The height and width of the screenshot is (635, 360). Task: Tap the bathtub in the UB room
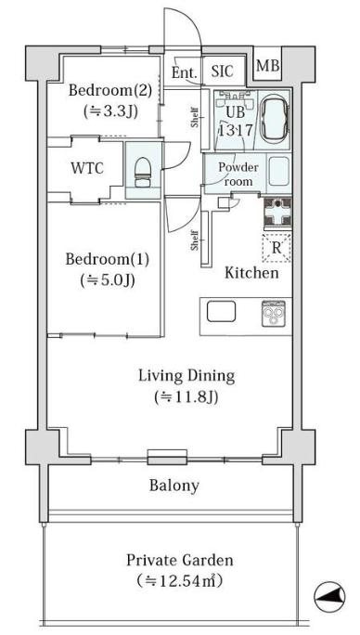(274, 119)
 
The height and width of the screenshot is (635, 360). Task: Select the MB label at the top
(267, 66)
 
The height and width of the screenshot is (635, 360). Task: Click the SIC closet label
(223, 71)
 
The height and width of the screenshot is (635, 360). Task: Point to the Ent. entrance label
(185, 73)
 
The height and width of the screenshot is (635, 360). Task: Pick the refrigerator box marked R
(276, 248)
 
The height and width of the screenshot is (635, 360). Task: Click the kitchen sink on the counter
(221, 312)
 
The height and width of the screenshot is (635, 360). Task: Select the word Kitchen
(251, 273)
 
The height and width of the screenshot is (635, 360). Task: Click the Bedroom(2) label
(109, 90)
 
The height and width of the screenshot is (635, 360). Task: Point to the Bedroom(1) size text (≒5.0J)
(108, 279)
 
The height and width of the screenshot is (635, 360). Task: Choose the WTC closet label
(87, 168)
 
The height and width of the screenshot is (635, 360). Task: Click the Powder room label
(238, 175)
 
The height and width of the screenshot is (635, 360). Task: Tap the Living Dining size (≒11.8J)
(186, 397)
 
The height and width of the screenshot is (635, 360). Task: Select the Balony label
(174, 486)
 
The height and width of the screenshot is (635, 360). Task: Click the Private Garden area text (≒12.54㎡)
(180, 581)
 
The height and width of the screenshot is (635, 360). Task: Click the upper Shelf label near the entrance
(195, 117)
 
